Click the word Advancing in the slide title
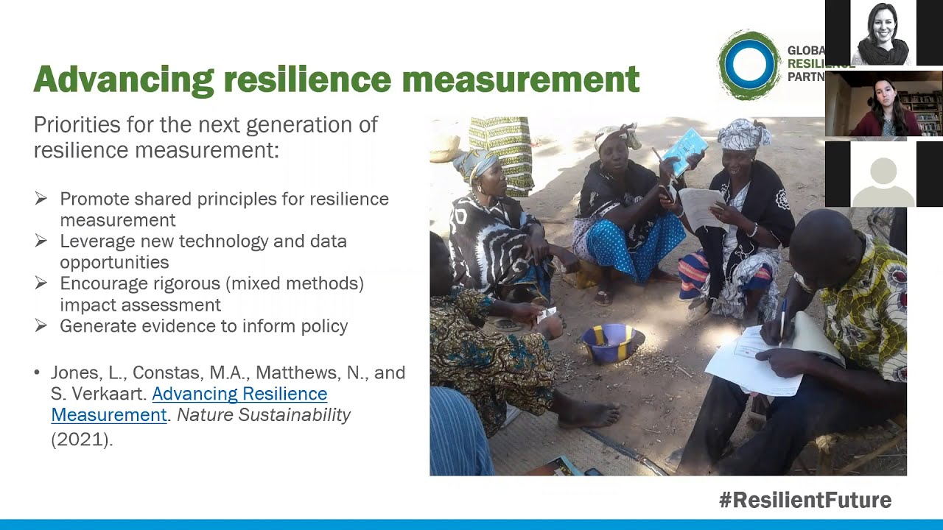[x=123, y=79]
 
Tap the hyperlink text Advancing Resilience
[x=239, y=395]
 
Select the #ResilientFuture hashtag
[x=805, y=501]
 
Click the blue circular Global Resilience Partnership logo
[x=749, y=65]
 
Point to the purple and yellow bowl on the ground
[x=612, y=343]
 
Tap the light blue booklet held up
[x=685, y=151]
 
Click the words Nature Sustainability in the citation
[x=264, y=415]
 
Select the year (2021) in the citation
[x=82, y=439]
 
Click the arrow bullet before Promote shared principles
[x=41, y=199]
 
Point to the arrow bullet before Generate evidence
[x=41, y=325]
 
